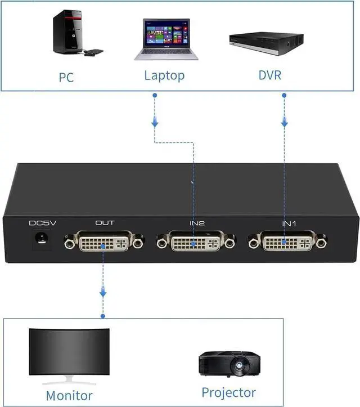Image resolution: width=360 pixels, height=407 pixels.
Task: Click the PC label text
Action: tap(66, 77)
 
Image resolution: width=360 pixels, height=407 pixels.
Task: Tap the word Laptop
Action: tap(164, 75)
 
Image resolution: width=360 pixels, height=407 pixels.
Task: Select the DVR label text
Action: tap(269, 75)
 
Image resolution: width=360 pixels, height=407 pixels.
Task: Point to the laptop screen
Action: tap(165, 35)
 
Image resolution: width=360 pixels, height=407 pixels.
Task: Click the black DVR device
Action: tap(266, 42)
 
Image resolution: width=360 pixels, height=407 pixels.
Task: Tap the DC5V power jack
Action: tap(40, 240)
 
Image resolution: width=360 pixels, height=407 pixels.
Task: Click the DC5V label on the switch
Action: tap(43, 223)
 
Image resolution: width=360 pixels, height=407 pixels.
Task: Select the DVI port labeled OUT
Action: tap(104, 243)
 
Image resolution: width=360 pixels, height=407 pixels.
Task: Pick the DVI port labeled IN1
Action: tap(286, 243)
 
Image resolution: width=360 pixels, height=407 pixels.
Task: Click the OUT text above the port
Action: tap(105, 223)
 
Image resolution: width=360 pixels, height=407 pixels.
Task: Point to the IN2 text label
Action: tap(197, 223)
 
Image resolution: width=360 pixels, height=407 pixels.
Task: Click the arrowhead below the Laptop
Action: tap(155, 122)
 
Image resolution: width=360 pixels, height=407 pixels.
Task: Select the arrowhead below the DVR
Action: tap(285, 122)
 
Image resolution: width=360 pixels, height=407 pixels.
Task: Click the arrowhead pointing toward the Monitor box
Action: tap(103, 292)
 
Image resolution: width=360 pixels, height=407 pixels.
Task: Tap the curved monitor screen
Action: tap(70, 352)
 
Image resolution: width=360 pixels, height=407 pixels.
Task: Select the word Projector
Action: tap(228, 392)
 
